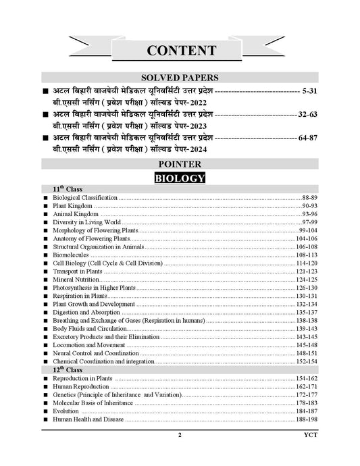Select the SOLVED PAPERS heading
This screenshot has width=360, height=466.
pos(180,78)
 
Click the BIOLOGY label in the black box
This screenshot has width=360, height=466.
pos(180,178)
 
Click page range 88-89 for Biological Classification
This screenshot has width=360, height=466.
pos(310,197)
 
